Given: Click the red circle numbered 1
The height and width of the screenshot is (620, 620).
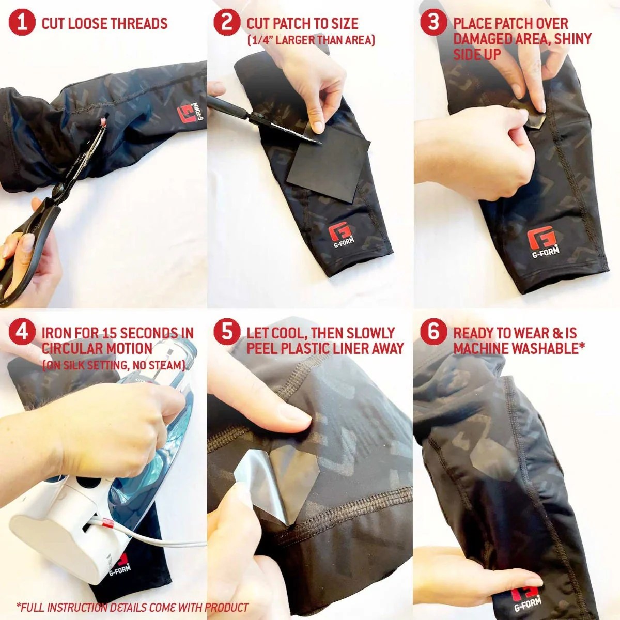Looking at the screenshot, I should coord(21,23).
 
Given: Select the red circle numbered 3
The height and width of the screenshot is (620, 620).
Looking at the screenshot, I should coord(433,23).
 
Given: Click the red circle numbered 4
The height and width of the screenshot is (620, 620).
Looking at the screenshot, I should coord(21,331).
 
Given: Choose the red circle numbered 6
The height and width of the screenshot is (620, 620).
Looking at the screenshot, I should coord(433,331).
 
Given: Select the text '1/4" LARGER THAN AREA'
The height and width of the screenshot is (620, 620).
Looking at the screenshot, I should coord(311,40).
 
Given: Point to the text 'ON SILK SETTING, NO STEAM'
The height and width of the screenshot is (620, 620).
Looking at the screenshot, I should coord(114,365).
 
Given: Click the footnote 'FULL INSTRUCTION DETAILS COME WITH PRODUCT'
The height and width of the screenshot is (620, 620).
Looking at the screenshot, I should coord(132,608).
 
